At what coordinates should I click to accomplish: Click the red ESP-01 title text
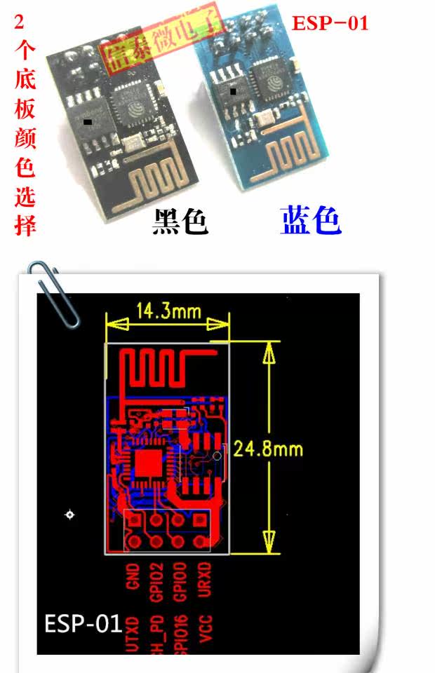(x=330, y=23)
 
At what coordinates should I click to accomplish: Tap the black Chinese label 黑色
(x=180, y=222)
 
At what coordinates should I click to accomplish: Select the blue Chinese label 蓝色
(x=311, y=221)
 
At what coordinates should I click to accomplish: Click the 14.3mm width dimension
(x=168, y=311)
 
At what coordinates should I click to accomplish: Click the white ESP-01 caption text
(x=83, y=624)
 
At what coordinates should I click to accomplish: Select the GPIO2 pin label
(x=157, y=583)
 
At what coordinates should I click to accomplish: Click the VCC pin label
(x=206, y=628)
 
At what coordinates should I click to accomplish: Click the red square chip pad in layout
(x=149, y=463)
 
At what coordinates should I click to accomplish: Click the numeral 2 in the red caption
(x=20, y=22)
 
